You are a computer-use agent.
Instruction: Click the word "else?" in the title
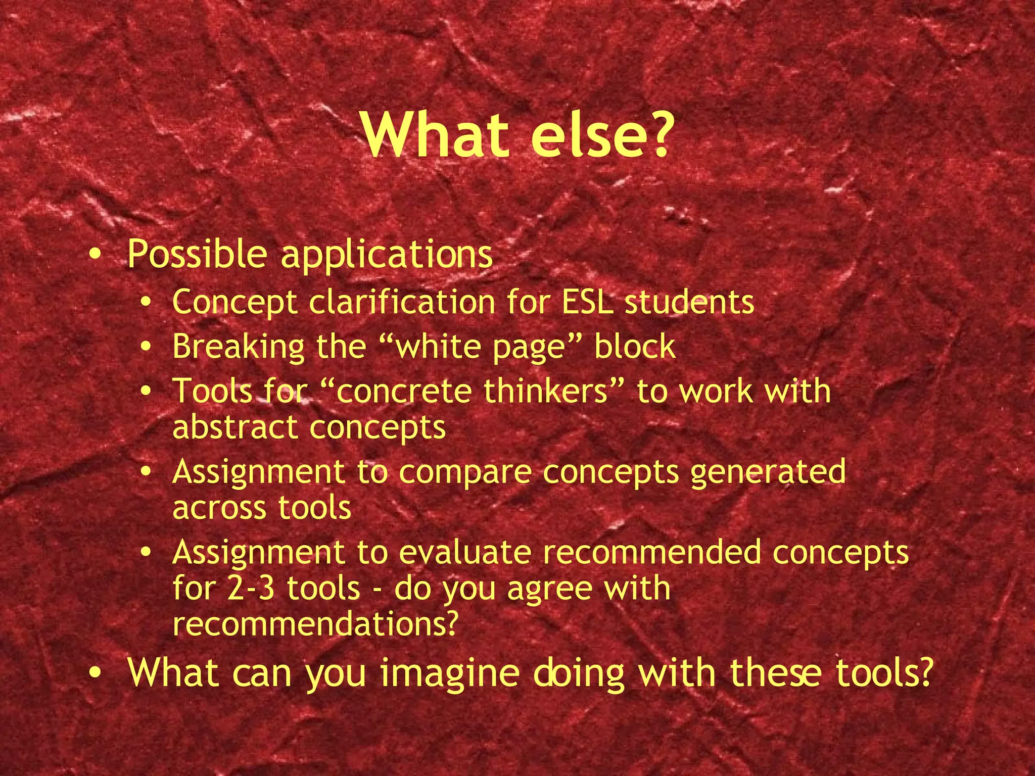pyautogui.click(x=602, y=135)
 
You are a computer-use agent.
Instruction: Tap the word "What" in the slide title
pyautogui.click(x=436, y=135)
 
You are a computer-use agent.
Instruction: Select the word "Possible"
pyautogui.click(x=197, y=254)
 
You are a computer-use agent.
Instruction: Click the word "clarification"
pyautogui.click(x=402, y=302)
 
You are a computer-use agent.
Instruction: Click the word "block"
pyautogui.click(x=635, y=347)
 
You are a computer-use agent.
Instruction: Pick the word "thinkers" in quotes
pyautogui.click(x=546, y=392)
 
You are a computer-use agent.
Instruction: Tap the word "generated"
pyautogui.click(x=768, y=472)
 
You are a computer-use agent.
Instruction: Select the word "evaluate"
pyautogui.click(x=465, y=552)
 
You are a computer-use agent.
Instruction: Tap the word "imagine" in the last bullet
pyautogui.click(x=450, y=673)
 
